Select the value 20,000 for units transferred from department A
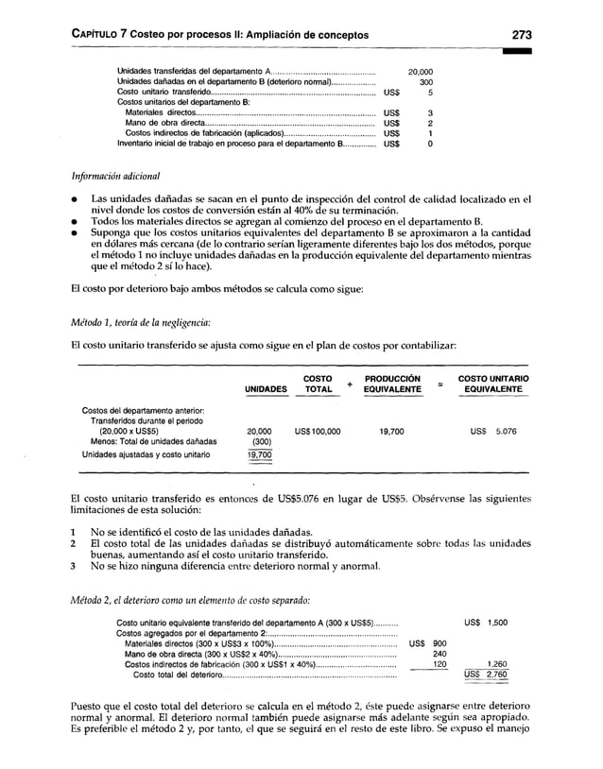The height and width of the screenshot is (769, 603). [420, 71]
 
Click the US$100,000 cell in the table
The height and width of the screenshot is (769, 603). [318, 431]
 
